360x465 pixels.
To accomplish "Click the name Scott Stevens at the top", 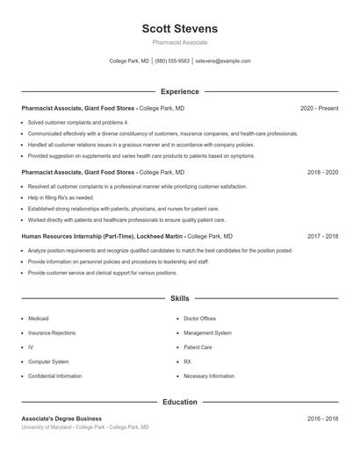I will pos(179,29).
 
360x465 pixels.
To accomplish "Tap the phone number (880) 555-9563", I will pos(173,61).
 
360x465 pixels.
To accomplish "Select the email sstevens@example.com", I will pos(223,61).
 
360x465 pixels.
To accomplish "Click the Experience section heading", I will pos(180,91).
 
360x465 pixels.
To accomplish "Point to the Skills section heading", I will pos(180,299).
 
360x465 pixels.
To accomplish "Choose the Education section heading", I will pos(180,402).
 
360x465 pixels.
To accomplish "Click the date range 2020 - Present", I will pos(319,108).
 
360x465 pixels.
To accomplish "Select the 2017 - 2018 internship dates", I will pos(322,236).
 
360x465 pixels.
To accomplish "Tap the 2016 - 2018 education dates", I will pos(322,418).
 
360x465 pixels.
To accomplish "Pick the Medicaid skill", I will pos(39,318).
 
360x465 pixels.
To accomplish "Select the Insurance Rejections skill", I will pos(53,333).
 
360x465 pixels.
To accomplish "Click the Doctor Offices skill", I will pos(199,318).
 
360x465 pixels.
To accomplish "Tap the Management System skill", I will pos(207,333).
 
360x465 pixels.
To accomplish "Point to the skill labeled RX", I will pos(187,361).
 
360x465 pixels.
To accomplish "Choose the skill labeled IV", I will pos(31,347).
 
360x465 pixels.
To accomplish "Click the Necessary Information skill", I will pos(209,376).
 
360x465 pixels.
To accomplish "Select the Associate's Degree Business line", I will pos(61,418).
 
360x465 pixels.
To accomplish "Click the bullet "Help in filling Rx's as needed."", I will pos(61,198).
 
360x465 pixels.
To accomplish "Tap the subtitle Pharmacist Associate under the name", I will pos(179,42).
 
